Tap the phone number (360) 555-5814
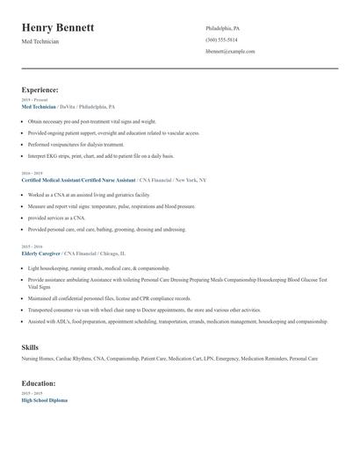(221, 39)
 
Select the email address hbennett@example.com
(230, 51)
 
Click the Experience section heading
(40, 89)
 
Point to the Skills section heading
(30, 347)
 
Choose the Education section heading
(40, 383)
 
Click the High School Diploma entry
(44, 400)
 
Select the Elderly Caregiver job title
(41, 252)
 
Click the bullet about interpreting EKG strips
(100, 155)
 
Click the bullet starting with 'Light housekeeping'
(98, 268)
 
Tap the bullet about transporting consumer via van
(144, 310)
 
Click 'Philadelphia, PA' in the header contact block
(222, 28)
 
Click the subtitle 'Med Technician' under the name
(40, 41)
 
